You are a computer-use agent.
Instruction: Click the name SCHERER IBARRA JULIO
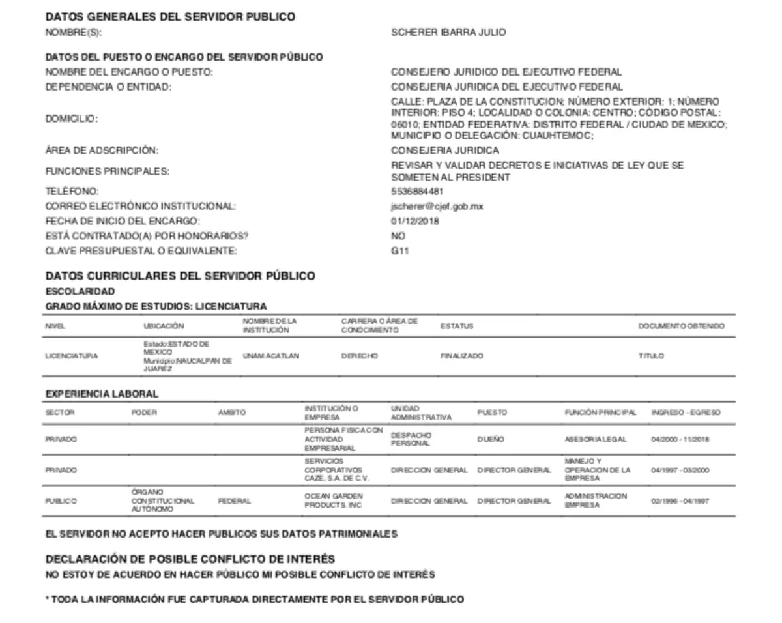[x=448, y=32]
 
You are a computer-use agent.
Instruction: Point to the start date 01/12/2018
[x=414, y=221]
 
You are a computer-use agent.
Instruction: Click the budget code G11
[x=399, y=251]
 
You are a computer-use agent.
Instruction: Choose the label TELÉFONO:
[x=72, y=192]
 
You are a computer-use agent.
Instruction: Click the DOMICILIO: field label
[x=72, y=119]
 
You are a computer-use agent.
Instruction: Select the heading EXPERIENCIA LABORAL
[x=102, y=394]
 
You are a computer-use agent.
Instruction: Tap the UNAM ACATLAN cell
[x=270, y=356]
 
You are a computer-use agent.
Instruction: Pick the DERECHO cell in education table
[x=359, y=356]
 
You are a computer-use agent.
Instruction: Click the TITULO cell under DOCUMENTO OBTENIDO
[x=651, y=356]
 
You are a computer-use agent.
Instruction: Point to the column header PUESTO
[x=492, y=413]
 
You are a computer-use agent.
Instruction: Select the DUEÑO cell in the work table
[x=490, y=440]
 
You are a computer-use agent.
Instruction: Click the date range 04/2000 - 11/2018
[x=680, y=440]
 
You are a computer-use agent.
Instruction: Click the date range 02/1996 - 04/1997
[x=680, y=501]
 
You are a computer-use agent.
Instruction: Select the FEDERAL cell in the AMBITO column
[x=234, y=501]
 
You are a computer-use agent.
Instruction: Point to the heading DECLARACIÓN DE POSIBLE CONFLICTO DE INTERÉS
[x=190, y=559]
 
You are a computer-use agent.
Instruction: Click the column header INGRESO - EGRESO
[x=686, y=413]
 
